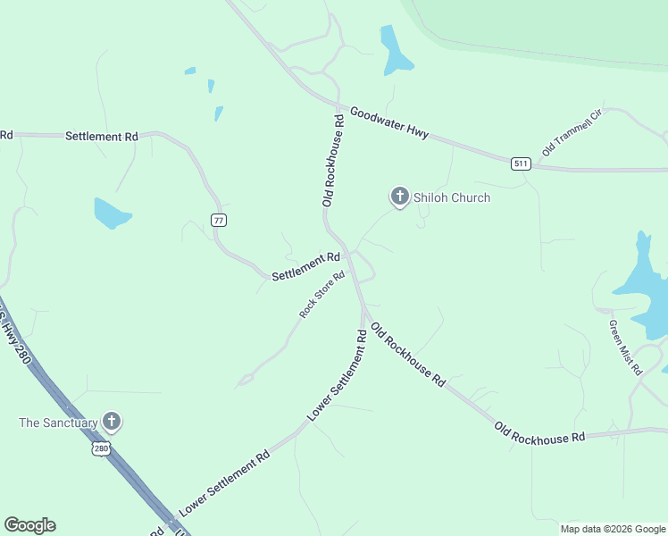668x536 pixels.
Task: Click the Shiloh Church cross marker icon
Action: click(x=400, y=197)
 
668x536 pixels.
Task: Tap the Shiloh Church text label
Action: click(x=452, y=197)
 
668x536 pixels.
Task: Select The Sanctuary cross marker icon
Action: click(x=112, y=421)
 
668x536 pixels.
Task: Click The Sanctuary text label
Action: click(x=57, y=422)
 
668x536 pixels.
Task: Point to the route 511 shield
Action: click(x=522, y=163)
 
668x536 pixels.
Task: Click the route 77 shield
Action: click(x=218, y=220)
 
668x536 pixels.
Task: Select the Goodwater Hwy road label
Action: click(x=389, y=122)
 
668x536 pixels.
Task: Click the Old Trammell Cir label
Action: click(x=572, y=134)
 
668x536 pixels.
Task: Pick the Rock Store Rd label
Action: click(x=322, y=295)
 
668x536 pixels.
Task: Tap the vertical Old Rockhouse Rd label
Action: click(x=333, y=161)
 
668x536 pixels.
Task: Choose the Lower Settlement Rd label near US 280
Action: click(x=224, y=483)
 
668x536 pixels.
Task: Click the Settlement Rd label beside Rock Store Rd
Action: click(x=304, y=266)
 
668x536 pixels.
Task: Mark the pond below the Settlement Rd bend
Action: click(x=112, y=213)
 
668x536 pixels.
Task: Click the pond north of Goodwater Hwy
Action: click(x=394, y=51)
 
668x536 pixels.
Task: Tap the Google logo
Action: click(x=29, y=525)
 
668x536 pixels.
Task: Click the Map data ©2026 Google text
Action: click(x=613, y=529)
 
